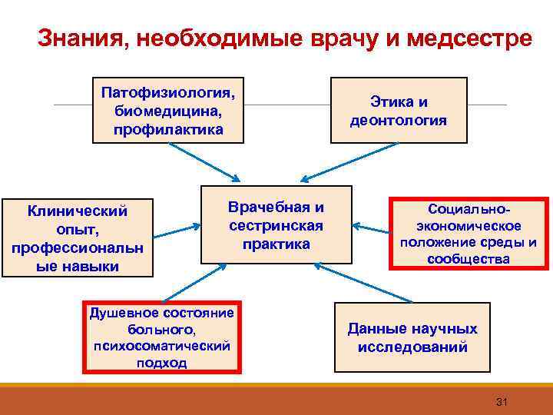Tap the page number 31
coord(504,402)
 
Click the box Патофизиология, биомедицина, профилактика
coord(168,110)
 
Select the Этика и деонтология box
coord(399,111)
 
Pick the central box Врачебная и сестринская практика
coord(276,225)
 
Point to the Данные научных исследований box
coord(412,337)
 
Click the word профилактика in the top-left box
coord(167,130)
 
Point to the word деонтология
coord(398,121)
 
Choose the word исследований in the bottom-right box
coord(412,347)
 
